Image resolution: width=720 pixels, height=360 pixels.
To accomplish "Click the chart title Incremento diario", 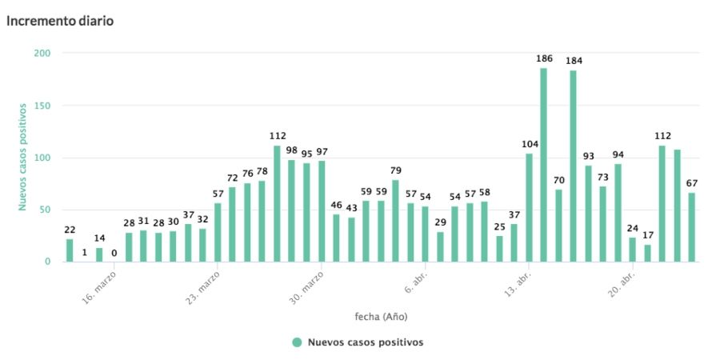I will click(x=60, y=21).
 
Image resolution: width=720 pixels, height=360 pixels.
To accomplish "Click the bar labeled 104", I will click(x=529, y=207).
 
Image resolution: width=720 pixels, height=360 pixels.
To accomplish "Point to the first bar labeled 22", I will click(x=70, y=250).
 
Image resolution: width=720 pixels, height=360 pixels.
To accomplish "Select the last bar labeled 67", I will click(x=691, y=227).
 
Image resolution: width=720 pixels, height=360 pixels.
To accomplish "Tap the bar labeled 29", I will click(x=440, y=246).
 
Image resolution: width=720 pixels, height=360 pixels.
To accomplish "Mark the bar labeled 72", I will click(x=232, y=224).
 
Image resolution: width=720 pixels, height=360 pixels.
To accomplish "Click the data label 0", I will click(x=114, y=254).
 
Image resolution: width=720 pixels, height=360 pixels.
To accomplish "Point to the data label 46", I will click(x=336, y=206).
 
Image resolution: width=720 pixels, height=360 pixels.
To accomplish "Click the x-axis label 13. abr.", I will click(x=518, y=282).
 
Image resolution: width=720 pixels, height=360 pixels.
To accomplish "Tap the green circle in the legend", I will click(x=297, y=342).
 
